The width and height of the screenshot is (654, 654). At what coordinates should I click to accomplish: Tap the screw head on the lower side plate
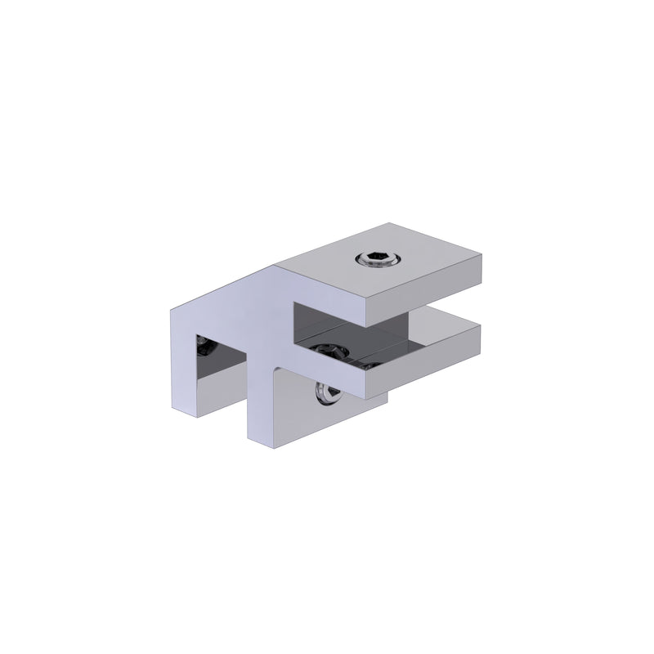coord(326,393)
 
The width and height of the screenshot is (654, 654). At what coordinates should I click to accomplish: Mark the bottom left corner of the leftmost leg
coord(172,408)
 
